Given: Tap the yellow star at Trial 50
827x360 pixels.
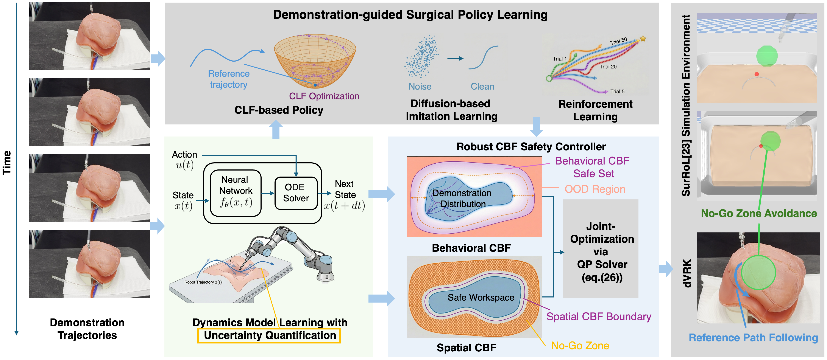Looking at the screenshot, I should (643, 39).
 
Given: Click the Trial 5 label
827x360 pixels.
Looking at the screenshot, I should (617, 92).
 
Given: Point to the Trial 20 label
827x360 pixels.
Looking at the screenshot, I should (608, 67).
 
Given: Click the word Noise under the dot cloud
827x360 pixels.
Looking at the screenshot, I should (420, 87).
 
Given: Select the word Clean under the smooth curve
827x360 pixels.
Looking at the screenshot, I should (482, 87).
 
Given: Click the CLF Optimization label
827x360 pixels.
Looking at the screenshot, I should (324, 96).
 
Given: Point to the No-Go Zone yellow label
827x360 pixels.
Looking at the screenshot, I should (580, 346).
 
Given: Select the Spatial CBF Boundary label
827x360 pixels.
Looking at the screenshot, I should (599, 317).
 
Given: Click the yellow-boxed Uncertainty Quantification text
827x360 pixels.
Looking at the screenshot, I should (270, 335).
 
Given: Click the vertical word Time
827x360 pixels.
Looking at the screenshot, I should (7, 162).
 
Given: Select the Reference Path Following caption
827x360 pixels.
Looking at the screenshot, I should (753, 338).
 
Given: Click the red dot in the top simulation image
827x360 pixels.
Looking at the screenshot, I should (757, 74).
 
